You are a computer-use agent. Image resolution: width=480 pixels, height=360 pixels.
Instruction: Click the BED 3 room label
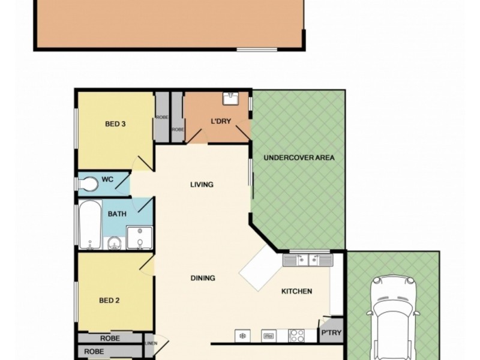click(115, 124)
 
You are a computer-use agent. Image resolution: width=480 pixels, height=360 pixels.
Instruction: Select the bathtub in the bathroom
click(91, 224)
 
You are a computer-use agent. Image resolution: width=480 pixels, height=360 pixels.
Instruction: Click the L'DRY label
click(221, 121)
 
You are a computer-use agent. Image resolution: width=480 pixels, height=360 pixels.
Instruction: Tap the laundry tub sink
click(231, 98)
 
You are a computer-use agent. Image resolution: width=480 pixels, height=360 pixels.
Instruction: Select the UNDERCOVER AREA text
click(299, 158)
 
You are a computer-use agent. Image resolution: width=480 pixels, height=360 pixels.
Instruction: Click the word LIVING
click(202, 184)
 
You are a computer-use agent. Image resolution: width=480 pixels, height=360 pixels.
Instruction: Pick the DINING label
click(203, 278)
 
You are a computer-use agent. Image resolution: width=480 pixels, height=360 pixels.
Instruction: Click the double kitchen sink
click(308, 260)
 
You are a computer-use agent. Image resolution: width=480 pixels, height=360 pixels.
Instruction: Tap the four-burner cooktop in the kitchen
click(296, 335)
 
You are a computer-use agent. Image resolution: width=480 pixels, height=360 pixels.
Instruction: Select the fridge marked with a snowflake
click(242, 335)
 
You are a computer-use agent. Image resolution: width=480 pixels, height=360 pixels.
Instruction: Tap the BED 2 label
click(109, 300)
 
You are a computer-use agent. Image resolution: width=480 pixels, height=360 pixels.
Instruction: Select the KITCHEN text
click(297, 292)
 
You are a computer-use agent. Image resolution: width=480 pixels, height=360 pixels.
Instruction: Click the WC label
click(107, 179)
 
